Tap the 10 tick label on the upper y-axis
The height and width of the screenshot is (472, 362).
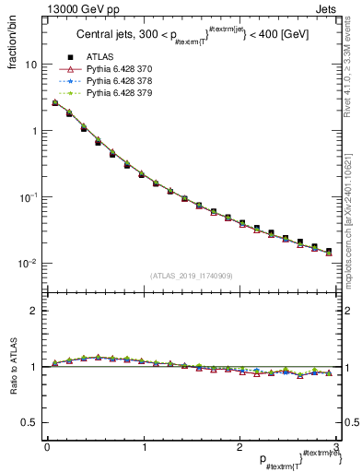click(30, 65)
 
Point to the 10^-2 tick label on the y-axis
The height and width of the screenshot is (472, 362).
click(28, 263)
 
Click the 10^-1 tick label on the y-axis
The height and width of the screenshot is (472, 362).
click(28, 196)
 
